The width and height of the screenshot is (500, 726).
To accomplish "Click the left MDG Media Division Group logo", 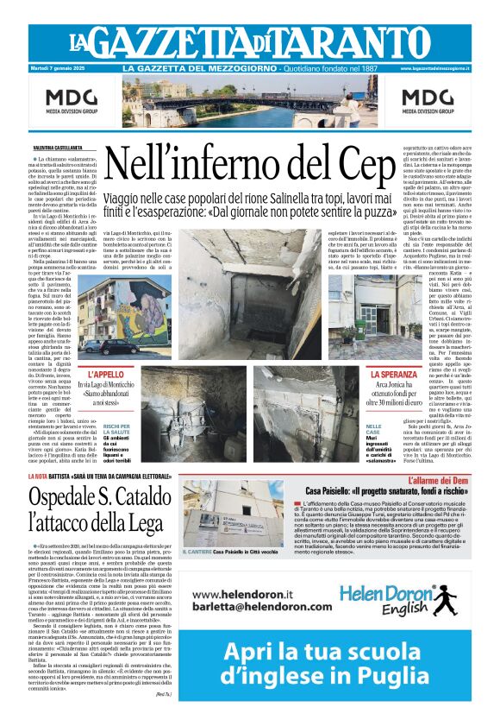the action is coord(72,101).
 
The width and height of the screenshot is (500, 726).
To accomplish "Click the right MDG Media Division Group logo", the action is coord(428,101).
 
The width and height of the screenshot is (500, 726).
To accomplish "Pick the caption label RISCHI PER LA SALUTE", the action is coord(116,431).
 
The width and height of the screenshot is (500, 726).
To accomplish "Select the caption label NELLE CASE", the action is coord(374,430).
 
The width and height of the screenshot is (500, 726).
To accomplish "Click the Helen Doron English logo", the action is coord(405,601).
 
